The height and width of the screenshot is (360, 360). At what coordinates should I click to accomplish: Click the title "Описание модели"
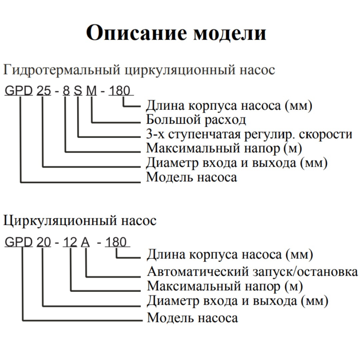[x=176, y=33]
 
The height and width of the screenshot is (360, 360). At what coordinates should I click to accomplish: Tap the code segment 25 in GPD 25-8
[x=44, y=90]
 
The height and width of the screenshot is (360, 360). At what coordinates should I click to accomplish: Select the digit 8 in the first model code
[x=66, y=90]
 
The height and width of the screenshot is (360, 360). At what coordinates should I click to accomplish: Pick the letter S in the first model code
[x=78, y=90]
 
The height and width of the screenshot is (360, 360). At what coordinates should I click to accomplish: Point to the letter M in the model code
[x=91, y=90]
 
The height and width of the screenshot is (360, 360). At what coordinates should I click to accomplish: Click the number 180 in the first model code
[x=120, y=90]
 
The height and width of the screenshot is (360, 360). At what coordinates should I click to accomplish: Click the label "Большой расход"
[x=196, y=120]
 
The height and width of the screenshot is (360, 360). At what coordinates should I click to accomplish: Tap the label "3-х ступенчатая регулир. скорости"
[x=249, y=134]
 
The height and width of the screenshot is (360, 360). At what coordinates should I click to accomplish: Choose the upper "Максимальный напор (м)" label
[x=224, y=148]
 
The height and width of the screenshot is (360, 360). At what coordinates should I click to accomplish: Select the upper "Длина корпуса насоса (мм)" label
[x=229, y=106]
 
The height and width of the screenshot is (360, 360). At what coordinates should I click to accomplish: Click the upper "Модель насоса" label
[x=192, y=177]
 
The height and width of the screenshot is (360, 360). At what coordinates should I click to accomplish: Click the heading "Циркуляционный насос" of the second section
[x=80, y=221]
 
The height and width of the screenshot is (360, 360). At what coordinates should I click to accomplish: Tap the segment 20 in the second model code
[x=44, y=242]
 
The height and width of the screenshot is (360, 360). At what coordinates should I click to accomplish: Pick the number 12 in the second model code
[x=70, y=242]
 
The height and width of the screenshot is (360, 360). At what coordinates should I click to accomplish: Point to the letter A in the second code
[x=85, y=242]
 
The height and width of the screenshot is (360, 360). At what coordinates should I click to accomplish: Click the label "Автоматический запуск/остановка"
[x=253, y=272]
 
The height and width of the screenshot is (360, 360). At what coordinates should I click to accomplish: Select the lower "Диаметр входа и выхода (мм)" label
[x=238, y=301]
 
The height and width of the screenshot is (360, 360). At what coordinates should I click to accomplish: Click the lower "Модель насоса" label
[x=192, y=318]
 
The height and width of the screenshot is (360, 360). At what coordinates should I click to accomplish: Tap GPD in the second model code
[x=19, y=242]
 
